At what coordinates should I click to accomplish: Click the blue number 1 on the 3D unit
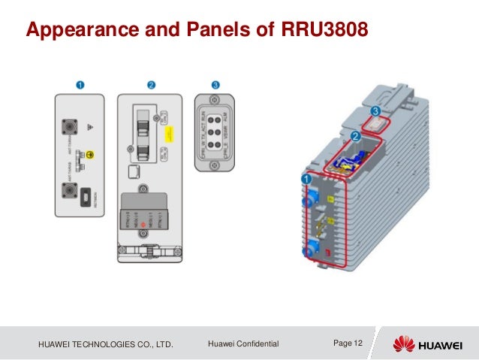(306, 180)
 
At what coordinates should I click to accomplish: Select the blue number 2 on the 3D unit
(354, 138)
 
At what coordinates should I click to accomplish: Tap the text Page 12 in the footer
(348, 343)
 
